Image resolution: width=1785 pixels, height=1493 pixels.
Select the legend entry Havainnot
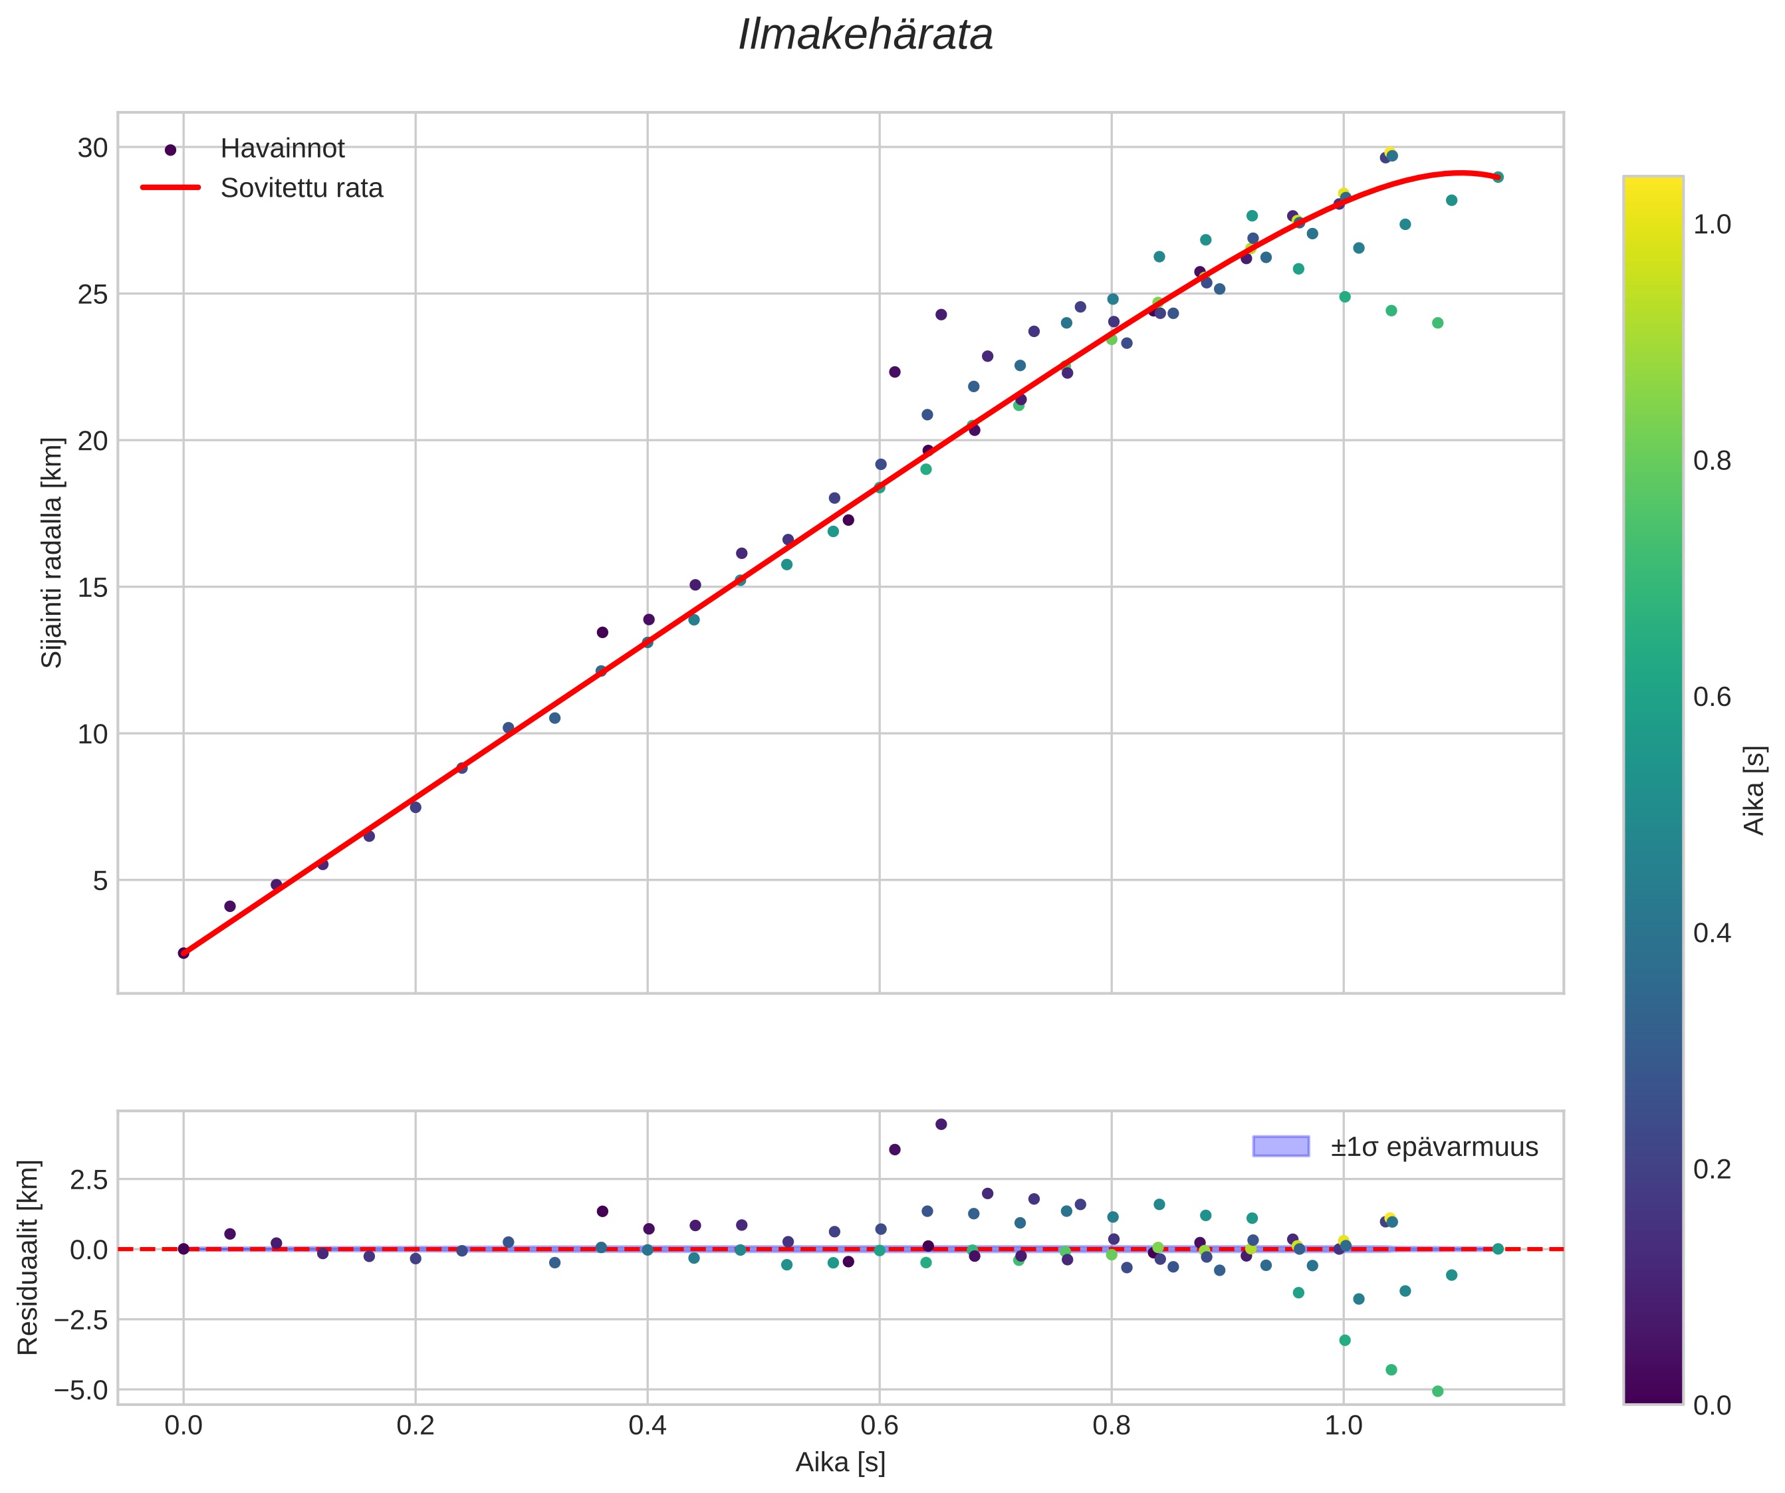point(282,149)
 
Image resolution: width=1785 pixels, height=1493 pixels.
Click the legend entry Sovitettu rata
point(302,188)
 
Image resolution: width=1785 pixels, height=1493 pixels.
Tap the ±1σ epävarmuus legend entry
point(1434,1147)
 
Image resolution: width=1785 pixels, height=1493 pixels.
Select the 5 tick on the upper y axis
point(100,880)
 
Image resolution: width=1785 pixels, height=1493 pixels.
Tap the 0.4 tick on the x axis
point(647,1426)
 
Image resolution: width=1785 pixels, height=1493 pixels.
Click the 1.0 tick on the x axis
point(1343,1426)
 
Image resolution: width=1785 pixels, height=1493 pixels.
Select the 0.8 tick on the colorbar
point(1712,461)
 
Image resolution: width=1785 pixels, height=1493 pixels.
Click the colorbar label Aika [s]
point(1754,790)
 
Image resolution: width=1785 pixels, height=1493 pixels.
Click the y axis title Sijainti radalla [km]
point(52,552)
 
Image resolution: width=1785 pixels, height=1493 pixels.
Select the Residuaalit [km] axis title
point(28,1257)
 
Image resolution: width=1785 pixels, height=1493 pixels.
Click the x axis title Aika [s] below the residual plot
point(840,1462)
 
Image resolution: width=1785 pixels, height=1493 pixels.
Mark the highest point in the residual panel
point(941,1124)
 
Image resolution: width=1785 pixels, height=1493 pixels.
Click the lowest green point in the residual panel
point(1437,1391)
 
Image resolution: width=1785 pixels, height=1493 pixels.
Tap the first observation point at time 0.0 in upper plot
point(183,953)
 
